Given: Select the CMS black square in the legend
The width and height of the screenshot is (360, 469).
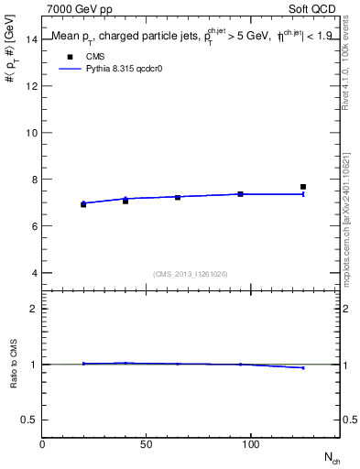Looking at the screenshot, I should coord(69,58).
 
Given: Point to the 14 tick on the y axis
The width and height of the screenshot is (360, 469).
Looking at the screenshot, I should coord(31,39).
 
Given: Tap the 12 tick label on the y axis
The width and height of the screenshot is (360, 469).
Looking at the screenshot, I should coord(31,86).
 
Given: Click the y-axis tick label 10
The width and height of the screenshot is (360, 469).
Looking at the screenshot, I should coord(31,133).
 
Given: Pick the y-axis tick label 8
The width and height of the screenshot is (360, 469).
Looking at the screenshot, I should coord(34,180).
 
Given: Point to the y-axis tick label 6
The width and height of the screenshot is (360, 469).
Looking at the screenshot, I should coord(34,226).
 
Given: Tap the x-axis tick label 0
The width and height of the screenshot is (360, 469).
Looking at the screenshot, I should coord(43,444).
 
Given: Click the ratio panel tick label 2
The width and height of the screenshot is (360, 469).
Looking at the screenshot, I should coord(34,309).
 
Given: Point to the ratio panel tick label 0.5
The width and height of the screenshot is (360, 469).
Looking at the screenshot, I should coord(30,420).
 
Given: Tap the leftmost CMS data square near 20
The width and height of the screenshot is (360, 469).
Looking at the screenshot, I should coord(83,204).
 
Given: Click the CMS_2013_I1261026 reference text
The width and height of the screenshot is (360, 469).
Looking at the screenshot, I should coord(191,274).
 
